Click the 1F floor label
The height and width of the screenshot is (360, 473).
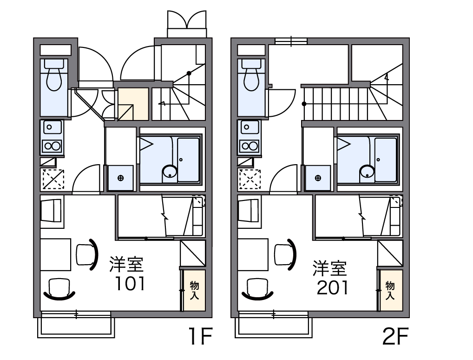[x=201, y=336]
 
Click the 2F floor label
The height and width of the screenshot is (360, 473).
[x=395, y=336]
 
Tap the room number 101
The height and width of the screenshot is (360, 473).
[x=130, y=283]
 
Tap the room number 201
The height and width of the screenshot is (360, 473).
[x=333, y=287]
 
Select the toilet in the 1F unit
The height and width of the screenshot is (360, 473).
[x=54, y=74]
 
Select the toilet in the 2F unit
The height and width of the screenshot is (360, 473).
[x=251, y=74]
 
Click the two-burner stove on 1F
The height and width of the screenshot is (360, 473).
[x=53, y=147]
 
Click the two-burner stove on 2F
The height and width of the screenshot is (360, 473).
[x=250, y=147]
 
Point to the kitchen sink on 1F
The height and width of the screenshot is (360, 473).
[x=53, y=127]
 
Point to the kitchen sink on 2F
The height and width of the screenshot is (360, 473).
[x=250, y=127]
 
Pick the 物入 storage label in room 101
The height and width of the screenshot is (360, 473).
[x=194, y=290]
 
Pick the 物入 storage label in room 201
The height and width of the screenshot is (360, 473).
[x=390, y=290]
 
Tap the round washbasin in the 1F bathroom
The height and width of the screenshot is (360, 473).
[x=170, y=172]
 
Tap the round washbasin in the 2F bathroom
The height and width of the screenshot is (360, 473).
[x=367, y=172]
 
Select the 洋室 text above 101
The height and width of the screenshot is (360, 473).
[x=126, y=264]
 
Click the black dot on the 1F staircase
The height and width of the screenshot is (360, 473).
[x=189, y=73]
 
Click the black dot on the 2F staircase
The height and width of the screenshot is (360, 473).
[x=304, y=104]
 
